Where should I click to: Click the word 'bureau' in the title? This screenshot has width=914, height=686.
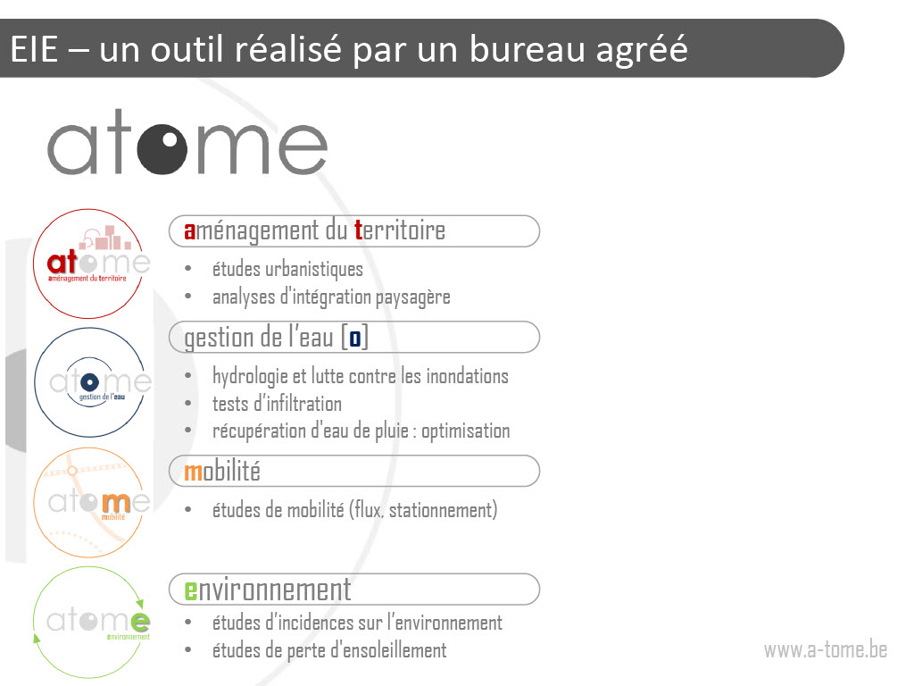point(526,48)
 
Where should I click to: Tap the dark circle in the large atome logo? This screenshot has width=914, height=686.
point(162,148)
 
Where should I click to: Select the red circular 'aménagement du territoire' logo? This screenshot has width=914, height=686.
point(88,264)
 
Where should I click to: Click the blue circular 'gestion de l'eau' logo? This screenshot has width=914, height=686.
point(89,382)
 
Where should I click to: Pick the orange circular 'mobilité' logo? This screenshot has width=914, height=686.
point(88,502)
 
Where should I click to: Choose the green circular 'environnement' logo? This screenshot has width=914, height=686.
point(88,622)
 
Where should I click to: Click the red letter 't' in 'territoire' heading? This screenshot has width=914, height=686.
point(359,230)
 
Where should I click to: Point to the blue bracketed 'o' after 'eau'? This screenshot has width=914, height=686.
point(355,338)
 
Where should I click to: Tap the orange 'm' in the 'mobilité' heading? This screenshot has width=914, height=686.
point(193,472)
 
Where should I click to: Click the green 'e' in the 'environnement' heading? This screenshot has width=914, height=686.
point(191,590)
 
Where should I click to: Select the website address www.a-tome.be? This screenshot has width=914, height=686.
point(826,649)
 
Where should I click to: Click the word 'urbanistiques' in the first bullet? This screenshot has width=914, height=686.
point(314,270)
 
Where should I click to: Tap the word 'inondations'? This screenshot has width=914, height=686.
point(468,376)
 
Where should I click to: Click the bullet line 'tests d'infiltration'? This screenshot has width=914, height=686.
point(277,404)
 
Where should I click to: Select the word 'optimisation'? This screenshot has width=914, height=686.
point(466,431)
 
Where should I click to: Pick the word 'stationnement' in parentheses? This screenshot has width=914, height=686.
point(443,510)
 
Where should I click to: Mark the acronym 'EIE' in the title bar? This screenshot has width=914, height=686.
point(34,48)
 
